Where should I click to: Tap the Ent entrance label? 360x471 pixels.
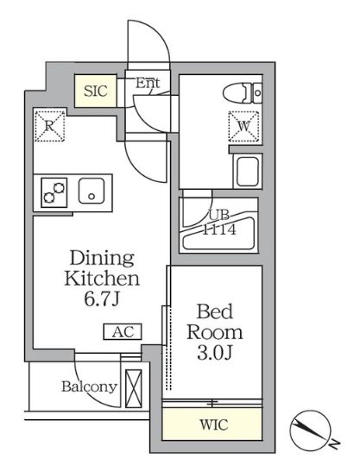(148, 84)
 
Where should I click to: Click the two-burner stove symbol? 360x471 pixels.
(53, 192)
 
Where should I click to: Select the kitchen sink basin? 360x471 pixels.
(91, 192)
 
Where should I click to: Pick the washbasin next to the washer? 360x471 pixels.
(248, 170)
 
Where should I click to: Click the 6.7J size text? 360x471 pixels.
(101, 298)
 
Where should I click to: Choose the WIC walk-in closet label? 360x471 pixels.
(212, 425)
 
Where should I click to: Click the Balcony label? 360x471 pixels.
(89, 386)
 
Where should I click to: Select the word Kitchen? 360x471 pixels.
(101, 279)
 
